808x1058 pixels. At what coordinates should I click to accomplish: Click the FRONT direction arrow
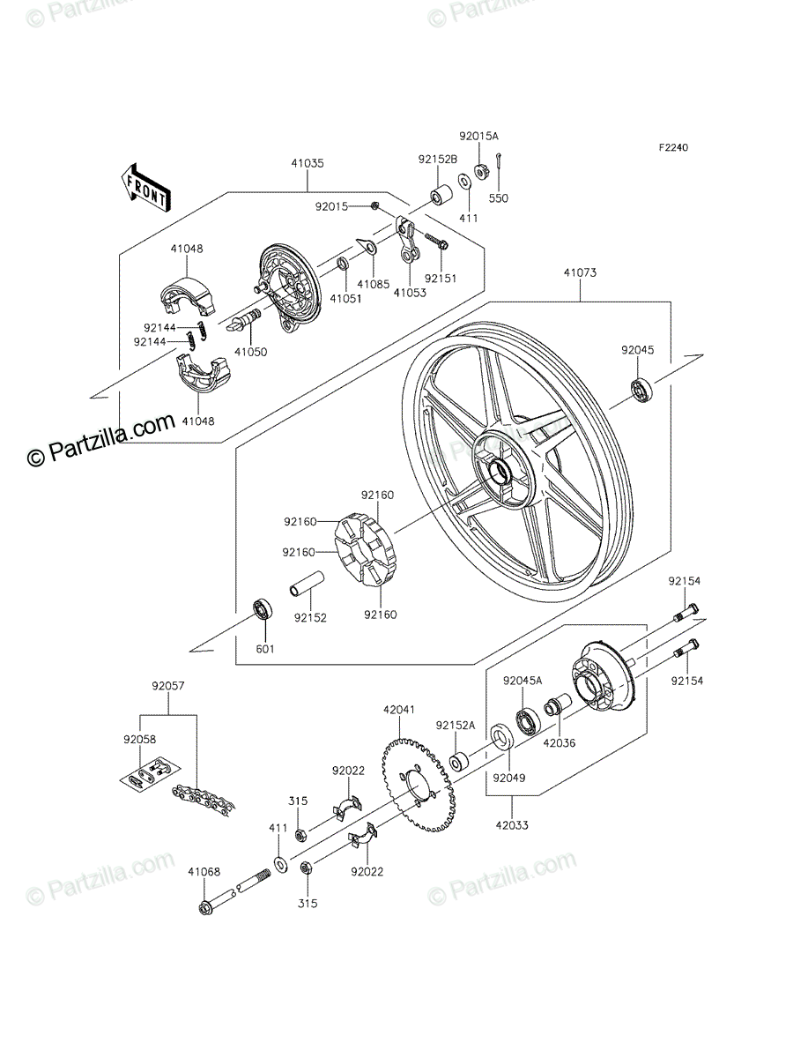pyautogui.click(x=145, y=189)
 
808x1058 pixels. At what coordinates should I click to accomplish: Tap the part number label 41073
pyautogui.click(x=581, y=272)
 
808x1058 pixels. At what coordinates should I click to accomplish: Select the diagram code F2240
pyautogui.click(x=674, y=147)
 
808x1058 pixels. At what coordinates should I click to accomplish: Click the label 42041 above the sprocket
pyautogui.click(x=398, y=710)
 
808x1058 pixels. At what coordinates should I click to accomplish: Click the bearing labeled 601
pyautogui.click(x=263, y=609)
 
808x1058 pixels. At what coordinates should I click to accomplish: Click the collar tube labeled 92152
pyautogui.click(x=307, y=584)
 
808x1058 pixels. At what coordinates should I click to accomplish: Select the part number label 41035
pyautogui.click(x=308, y=163)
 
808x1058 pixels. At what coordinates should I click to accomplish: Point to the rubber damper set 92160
pyautogui.click(x=365, y=550)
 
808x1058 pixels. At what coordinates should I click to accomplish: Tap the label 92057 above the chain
pyautogui.click(x=168, y=685)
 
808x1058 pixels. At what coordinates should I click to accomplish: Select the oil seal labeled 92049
pyautogui.click(x=501, y=736)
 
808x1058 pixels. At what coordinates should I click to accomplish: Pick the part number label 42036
pyautogui.click(x=559, y=742)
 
